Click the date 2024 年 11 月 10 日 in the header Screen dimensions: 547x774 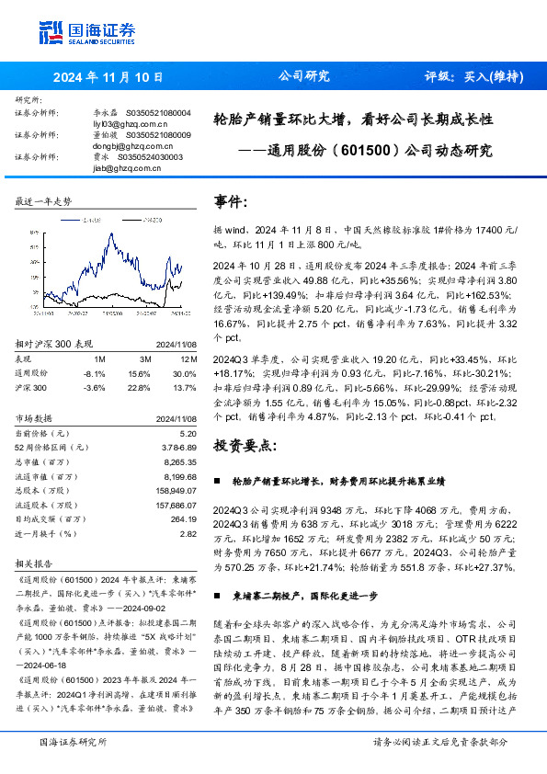(x=108, y=77)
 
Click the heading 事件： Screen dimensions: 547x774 (x=231, y=199)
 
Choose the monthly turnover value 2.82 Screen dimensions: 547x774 (x=188, y=533)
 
